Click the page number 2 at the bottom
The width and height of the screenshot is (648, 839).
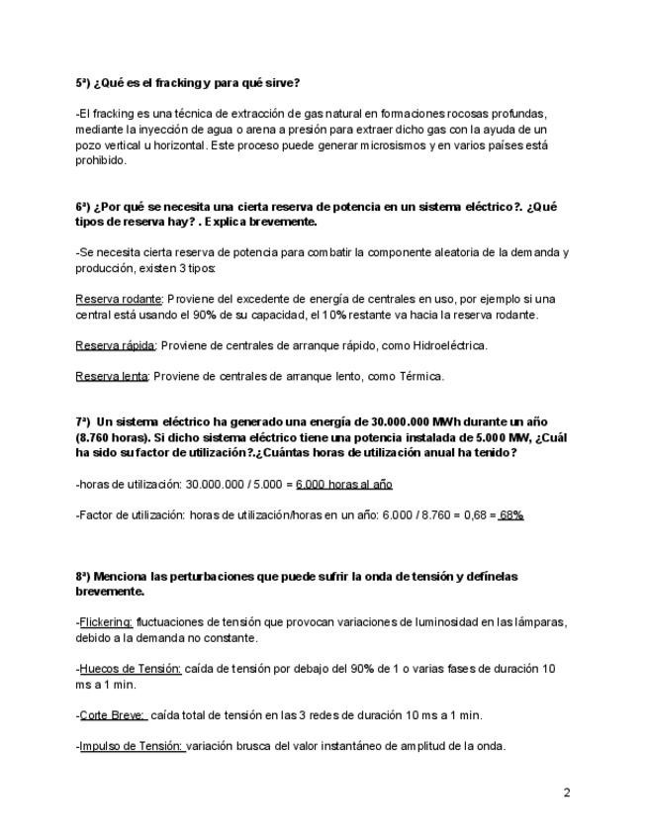(x=567, y=792)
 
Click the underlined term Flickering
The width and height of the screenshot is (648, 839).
(x=106, y=622)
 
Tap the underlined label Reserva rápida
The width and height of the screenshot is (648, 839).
(x=115, y=345)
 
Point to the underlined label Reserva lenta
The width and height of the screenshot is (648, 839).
(x=112, y=376)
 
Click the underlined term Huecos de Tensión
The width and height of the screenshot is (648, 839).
(x=131, y=669)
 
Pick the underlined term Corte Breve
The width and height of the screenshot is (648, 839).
(x=112, y=715)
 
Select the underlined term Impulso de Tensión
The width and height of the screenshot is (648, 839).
(x=132, y=746)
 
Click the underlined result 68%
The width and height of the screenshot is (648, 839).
(x=510, y=515)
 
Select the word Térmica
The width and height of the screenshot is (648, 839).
(x=419, y=376)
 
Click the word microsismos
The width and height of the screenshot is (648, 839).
(x=384, y=144)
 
